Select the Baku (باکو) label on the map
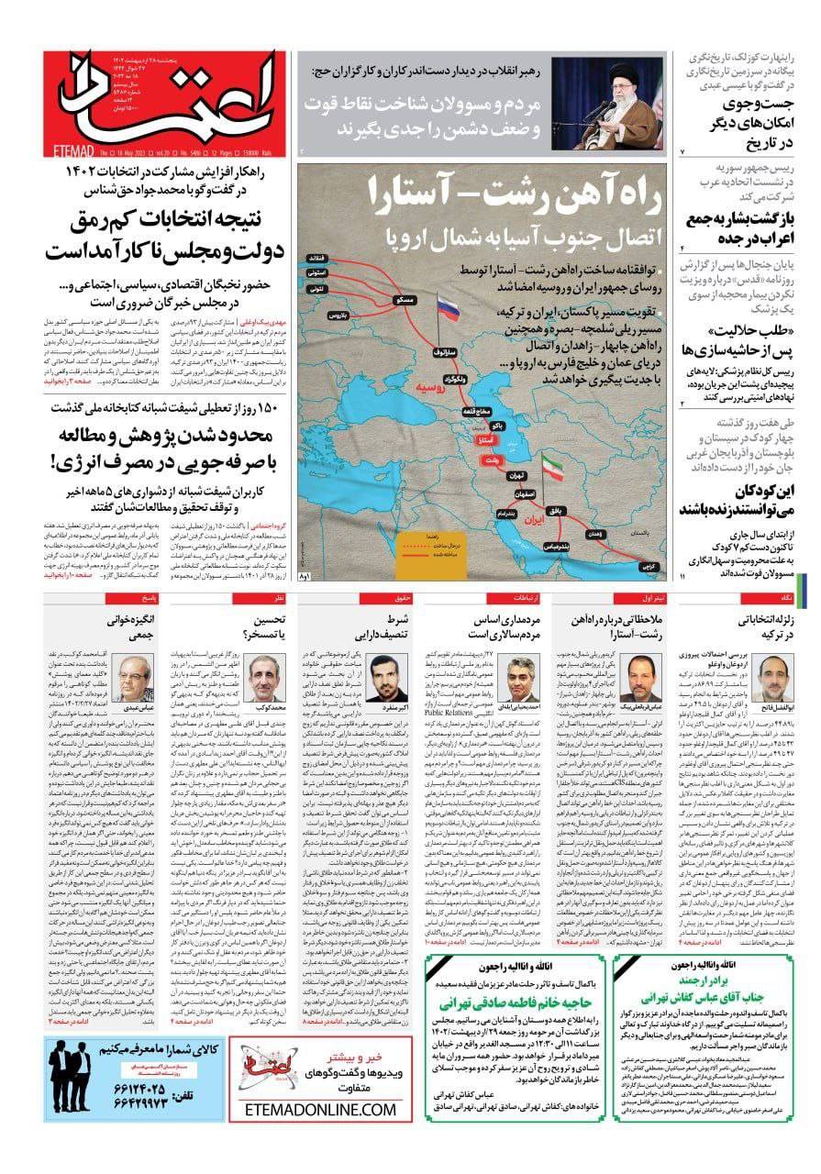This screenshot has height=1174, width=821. click(x=500, y=426)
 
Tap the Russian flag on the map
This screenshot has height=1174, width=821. click(x=449, y=307)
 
